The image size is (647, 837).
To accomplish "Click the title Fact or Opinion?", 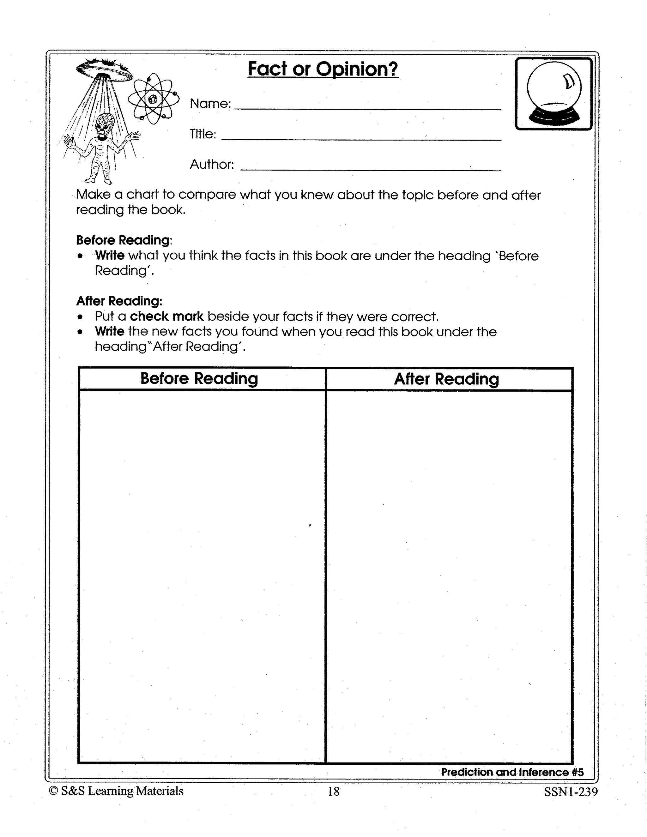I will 323,69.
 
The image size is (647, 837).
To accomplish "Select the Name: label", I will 210,104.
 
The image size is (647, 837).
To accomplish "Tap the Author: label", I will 212,165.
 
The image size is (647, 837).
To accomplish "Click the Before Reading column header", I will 199,379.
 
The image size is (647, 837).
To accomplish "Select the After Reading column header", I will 446,379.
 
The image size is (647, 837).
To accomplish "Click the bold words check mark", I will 167,316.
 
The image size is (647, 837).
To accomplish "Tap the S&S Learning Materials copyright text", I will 117,791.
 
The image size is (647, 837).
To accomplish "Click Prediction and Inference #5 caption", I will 512,772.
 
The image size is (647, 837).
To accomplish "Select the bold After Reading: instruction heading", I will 119,301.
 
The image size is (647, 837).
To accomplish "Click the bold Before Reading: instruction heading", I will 124,240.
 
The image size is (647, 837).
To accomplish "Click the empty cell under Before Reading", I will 202,575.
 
